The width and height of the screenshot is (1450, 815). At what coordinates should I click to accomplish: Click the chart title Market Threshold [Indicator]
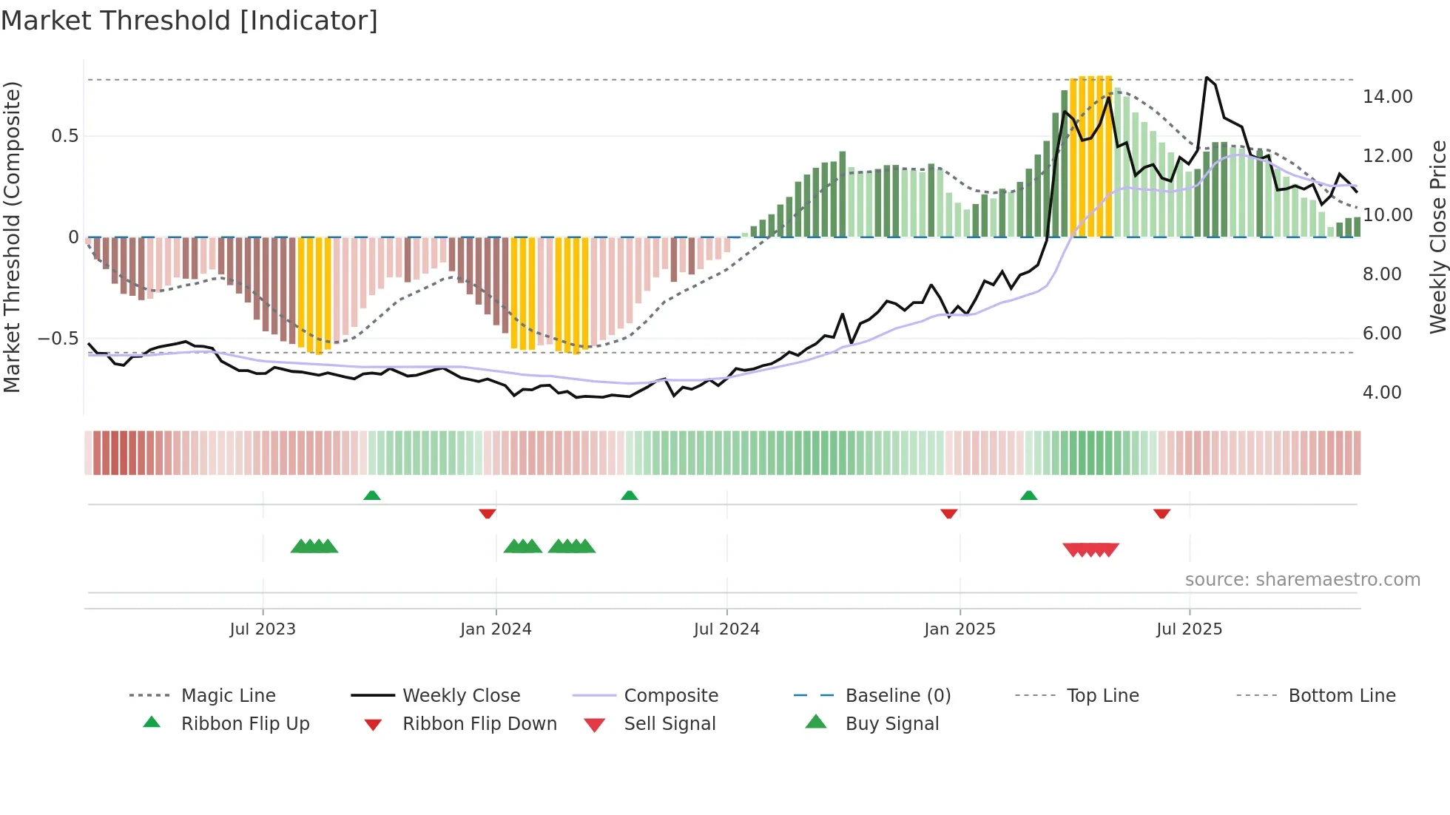tap(189, 21)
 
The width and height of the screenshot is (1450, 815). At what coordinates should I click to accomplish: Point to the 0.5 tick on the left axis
tap(64, 136)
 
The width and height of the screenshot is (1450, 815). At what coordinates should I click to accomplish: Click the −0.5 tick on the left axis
tap(58, 339)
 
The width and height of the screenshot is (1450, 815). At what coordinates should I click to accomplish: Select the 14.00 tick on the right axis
tap(1387, 97)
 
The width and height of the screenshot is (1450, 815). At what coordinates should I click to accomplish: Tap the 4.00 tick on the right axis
tap(1381, 393)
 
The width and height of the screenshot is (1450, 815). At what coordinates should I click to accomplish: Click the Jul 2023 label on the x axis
tap(262, 629)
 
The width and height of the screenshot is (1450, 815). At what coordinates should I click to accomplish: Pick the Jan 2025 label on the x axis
tap(960, 629)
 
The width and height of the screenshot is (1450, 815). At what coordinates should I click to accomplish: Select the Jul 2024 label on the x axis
tap(726, 629)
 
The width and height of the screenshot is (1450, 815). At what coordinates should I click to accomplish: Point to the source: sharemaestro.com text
tap(1302, 580)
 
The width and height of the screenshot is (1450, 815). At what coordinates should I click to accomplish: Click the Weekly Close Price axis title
tap(1437, 237)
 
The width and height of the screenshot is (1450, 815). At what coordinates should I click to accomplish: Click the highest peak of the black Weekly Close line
tap(1207, 77)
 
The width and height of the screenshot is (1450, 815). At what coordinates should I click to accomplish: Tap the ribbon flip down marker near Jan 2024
tap(487, 513)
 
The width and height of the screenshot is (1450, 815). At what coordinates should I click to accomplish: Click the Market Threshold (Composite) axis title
tap(12, 237)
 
